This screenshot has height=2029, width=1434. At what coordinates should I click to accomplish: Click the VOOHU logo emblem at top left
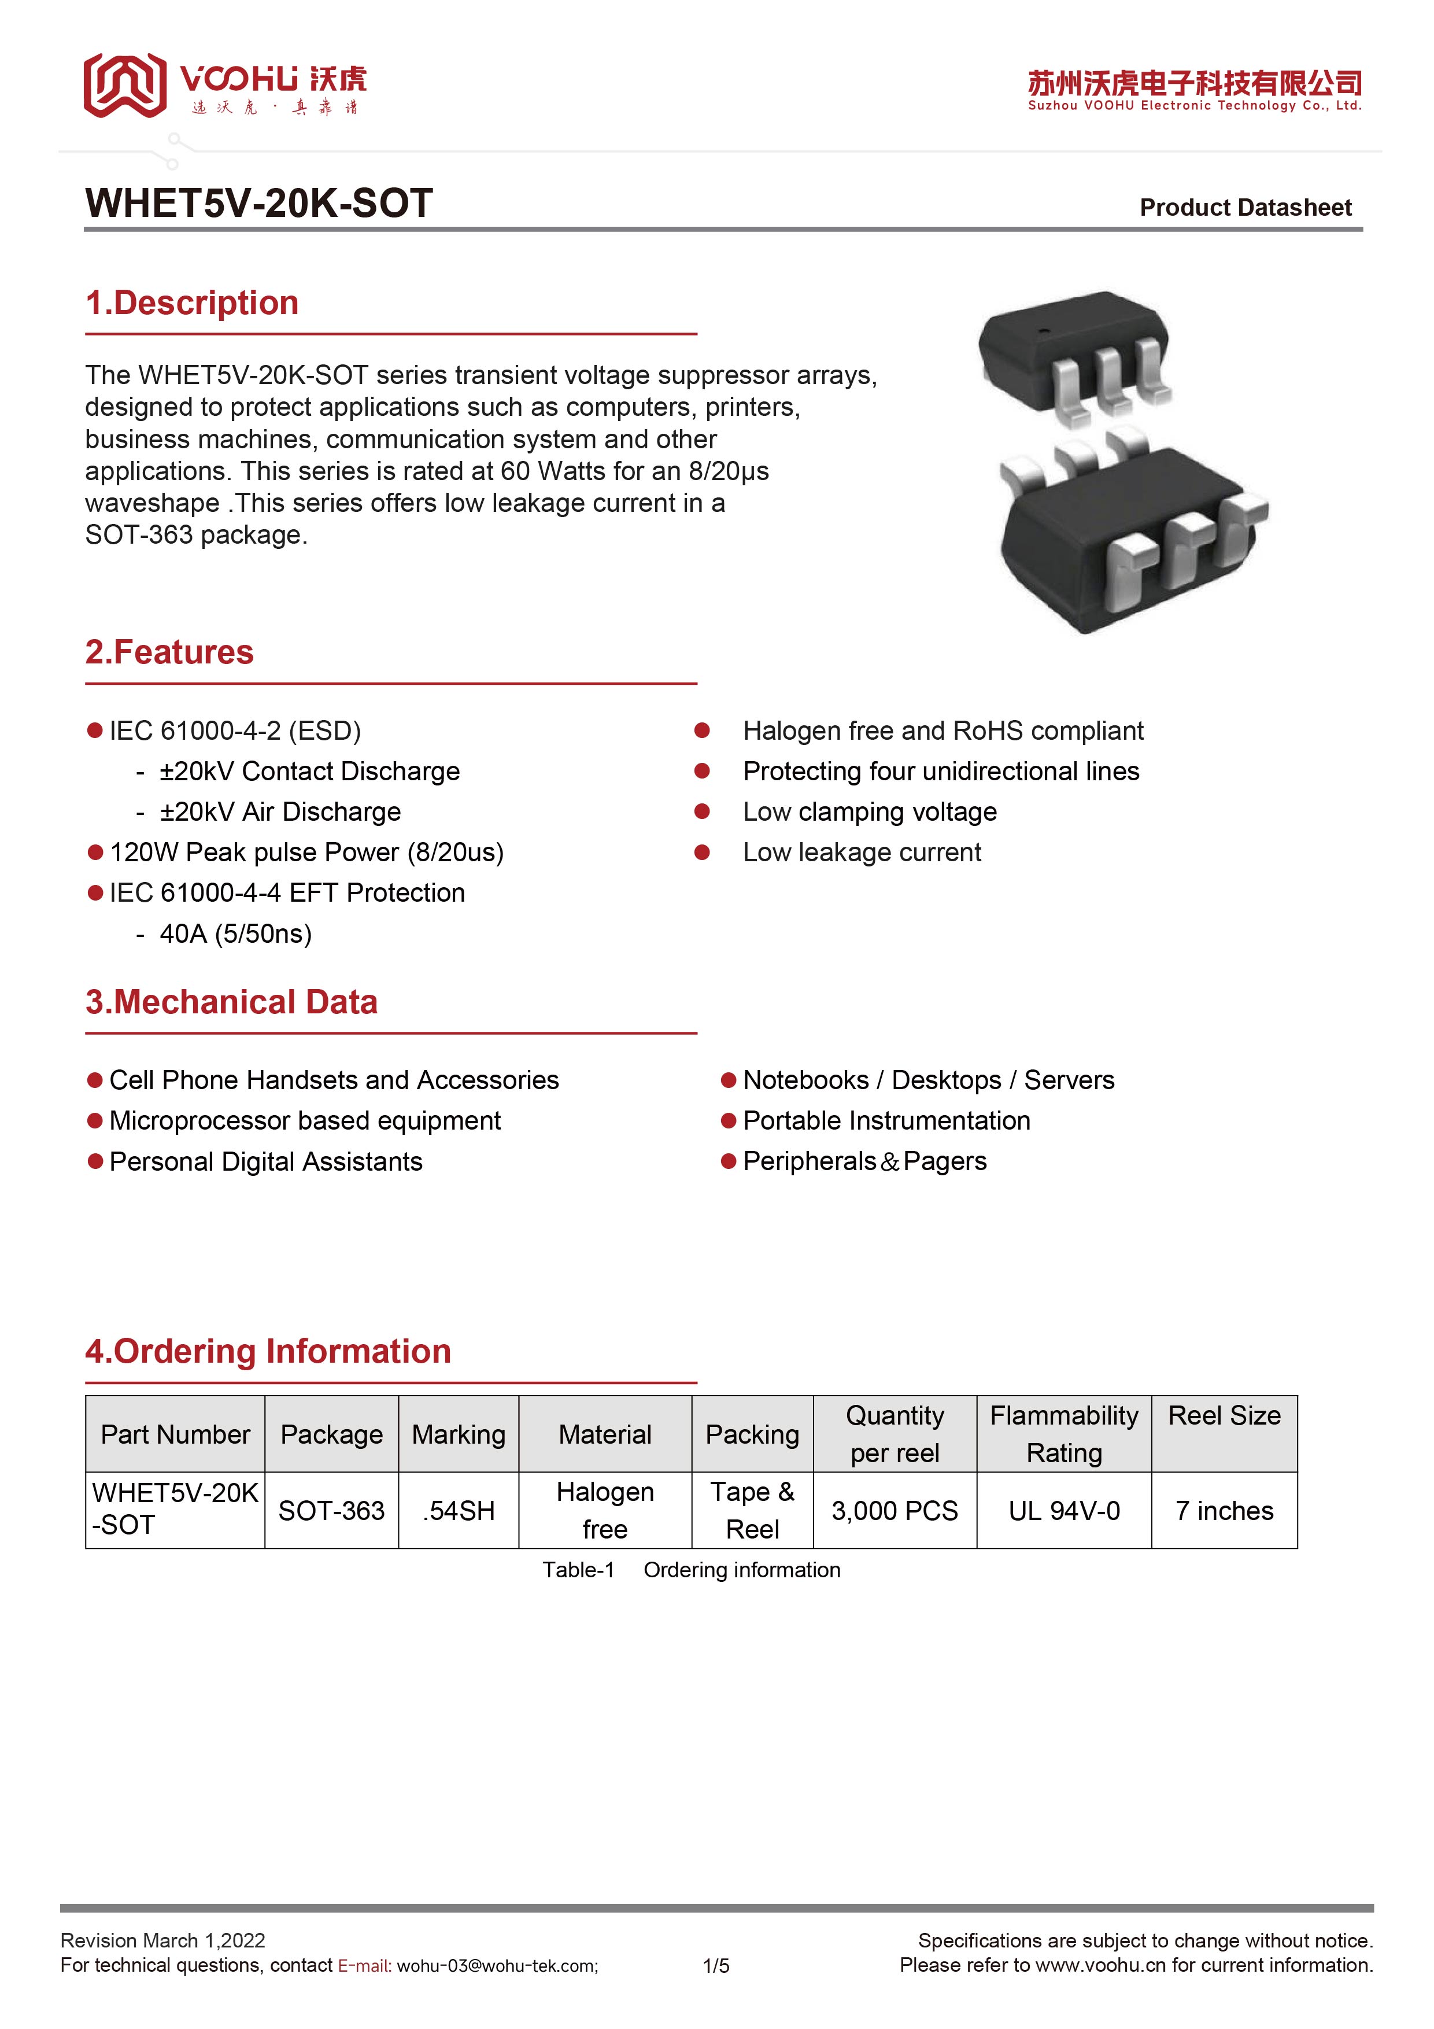pyautogui.click(x=124, y=85)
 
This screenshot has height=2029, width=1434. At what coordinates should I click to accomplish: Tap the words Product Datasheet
pyautogui.click(x=1245, y=208)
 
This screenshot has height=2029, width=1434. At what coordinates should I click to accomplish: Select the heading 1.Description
pyautogui.click(x=192, y=303)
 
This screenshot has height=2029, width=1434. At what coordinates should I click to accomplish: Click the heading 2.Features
pyautogui.click(x=169, y=652)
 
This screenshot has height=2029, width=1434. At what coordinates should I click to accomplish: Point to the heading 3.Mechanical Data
pyautogui.click(x=231, y=1002)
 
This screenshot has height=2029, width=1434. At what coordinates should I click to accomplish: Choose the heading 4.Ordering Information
pyautogui.click(x=268, y=1351)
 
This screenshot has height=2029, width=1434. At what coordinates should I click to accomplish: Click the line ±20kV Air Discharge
pyautogui.click(x=280, y=812)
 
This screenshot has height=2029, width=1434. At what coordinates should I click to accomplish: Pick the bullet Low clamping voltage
pyautogui.click(x=870, y=812)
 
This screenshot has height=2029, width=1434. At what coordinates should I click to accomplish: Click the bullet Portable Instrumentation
pyautogui.click(x=886, y=1120)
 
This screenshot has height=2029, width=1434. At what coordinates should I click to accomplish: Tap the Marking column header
pyautogui.click(x=459, y=1434)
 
